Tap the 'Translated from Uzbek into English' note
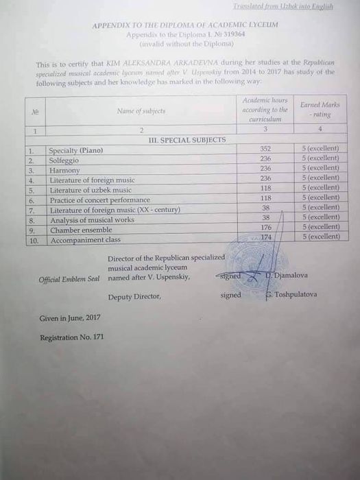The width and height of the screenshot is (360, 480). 283,6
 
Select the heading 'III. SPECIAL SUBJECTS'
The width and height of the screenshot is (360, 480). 187,139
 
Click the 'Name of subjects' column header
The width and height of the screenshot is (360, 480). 141,110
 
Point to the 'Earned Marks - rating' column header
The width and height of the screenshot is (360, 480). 320,110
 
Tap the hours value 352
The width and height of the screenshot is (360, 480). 266,148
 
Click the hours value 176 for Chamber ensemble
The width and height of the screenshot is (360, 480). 266,227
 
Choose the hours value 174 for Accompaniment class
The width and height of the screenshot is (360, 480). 266,237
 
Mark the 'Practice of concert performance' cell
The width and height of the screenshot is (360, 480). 99,200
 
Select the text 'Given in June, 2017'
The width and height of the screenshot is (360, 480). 70,318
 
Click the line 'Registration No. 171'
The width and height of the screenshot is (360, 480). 71,337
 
